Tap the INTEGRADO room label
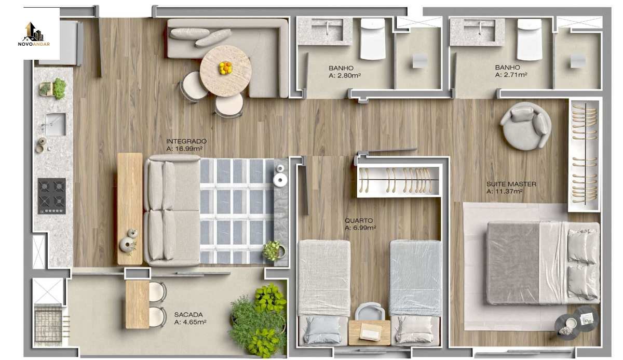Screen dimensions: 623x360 pos(186,141)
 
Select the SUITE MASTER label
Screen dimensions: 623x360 pos(511,184)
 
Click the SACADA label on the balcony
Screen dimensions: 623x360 pos(188,315)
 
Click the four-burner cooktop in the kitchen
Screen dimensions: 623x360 pos(52,196)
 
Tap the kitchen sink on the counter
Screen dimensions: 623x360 pos(56,124)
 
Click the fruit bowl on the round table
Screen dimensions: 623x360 pos(225,68)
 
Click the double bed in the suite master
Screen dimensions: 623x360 pos(543,263)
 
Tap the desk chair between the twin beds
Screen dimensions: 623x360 pos(370,312)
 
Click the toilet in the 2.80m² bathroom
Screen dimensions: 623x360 pos(373,39)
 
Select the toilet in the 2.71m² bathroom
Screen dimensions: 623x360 pos(530,39)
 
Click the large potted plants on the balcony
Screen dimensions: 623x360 pos(259,320)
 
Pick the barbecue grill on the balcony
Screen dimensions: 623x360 pos(49,325)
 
